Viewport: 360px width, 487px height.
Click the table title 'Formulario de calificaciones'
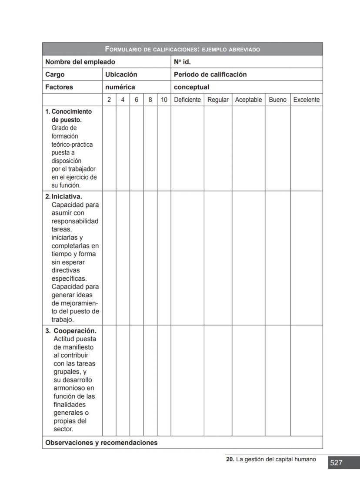[182, 49]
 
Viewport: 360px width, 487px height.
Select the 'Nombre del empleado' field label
[80, 62]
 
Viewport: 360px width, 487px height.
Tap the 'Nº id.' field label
[182, 62]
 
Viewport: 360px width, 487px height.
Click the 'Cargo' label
[55, 74]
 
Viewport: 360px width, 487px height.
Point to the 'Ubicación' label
[121, 74]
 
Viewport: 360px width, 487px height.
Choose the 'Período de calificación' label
[210, 74]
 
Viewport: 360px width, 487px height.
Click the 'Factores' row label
[59, 87]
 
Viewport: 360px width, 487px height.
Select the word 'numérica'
[120, 87]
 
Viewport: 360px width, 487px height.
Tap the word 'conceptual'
[191, 87]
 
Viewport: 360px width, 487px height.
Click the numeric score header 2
[109, 100]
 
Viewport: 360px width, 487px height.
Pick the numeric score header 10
[164, 100]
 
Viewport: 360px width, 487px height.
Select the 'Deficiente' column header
[187, 100]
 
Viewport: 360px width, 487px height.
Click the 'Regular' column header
[218, 100]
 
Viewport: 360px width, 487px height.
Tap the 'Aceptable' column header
[248, 100]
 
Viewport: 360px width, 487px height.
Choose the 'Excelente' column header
[307, 100]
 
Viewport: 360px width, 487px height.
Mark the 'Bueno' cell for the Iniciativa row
[277, 258]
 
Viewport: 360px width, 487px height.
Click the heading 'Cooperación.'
[75, 331]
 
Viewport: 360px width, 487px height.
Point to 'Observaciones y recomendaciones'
[101, 443]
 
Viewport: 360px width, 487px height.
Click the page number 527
[336, 463]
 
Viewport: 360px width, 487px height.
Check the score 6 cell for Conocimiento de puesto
[137, 148]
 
